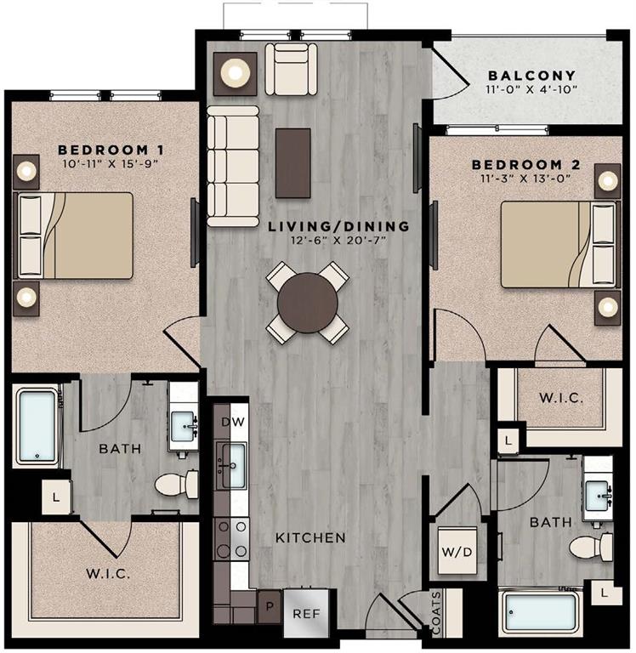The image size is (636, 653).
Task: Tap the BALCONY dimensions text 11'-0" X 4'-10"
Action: tap(531, 89)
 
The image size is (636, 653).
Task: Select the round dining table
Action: tap(307, 301)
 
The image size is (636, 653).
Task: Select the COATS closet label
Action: tap(435, 613)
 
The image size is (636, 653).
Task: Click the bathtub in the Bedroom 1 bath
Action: tap(37, 426)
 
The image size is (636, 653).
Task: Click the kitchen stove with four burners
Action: tap(230, 537)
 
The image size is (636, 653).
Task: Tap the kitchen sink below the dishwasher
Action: tap(230, 465)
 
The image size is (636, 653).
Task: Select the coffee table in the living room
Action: tap(293, 162)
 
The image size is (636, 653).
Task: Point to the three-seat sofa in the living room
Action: tap(232, 166)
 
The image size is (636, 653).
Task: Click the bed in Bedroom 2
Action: tap(558, 247)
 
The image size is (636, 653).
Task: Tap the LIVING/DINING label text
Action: tap(338, 227)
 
